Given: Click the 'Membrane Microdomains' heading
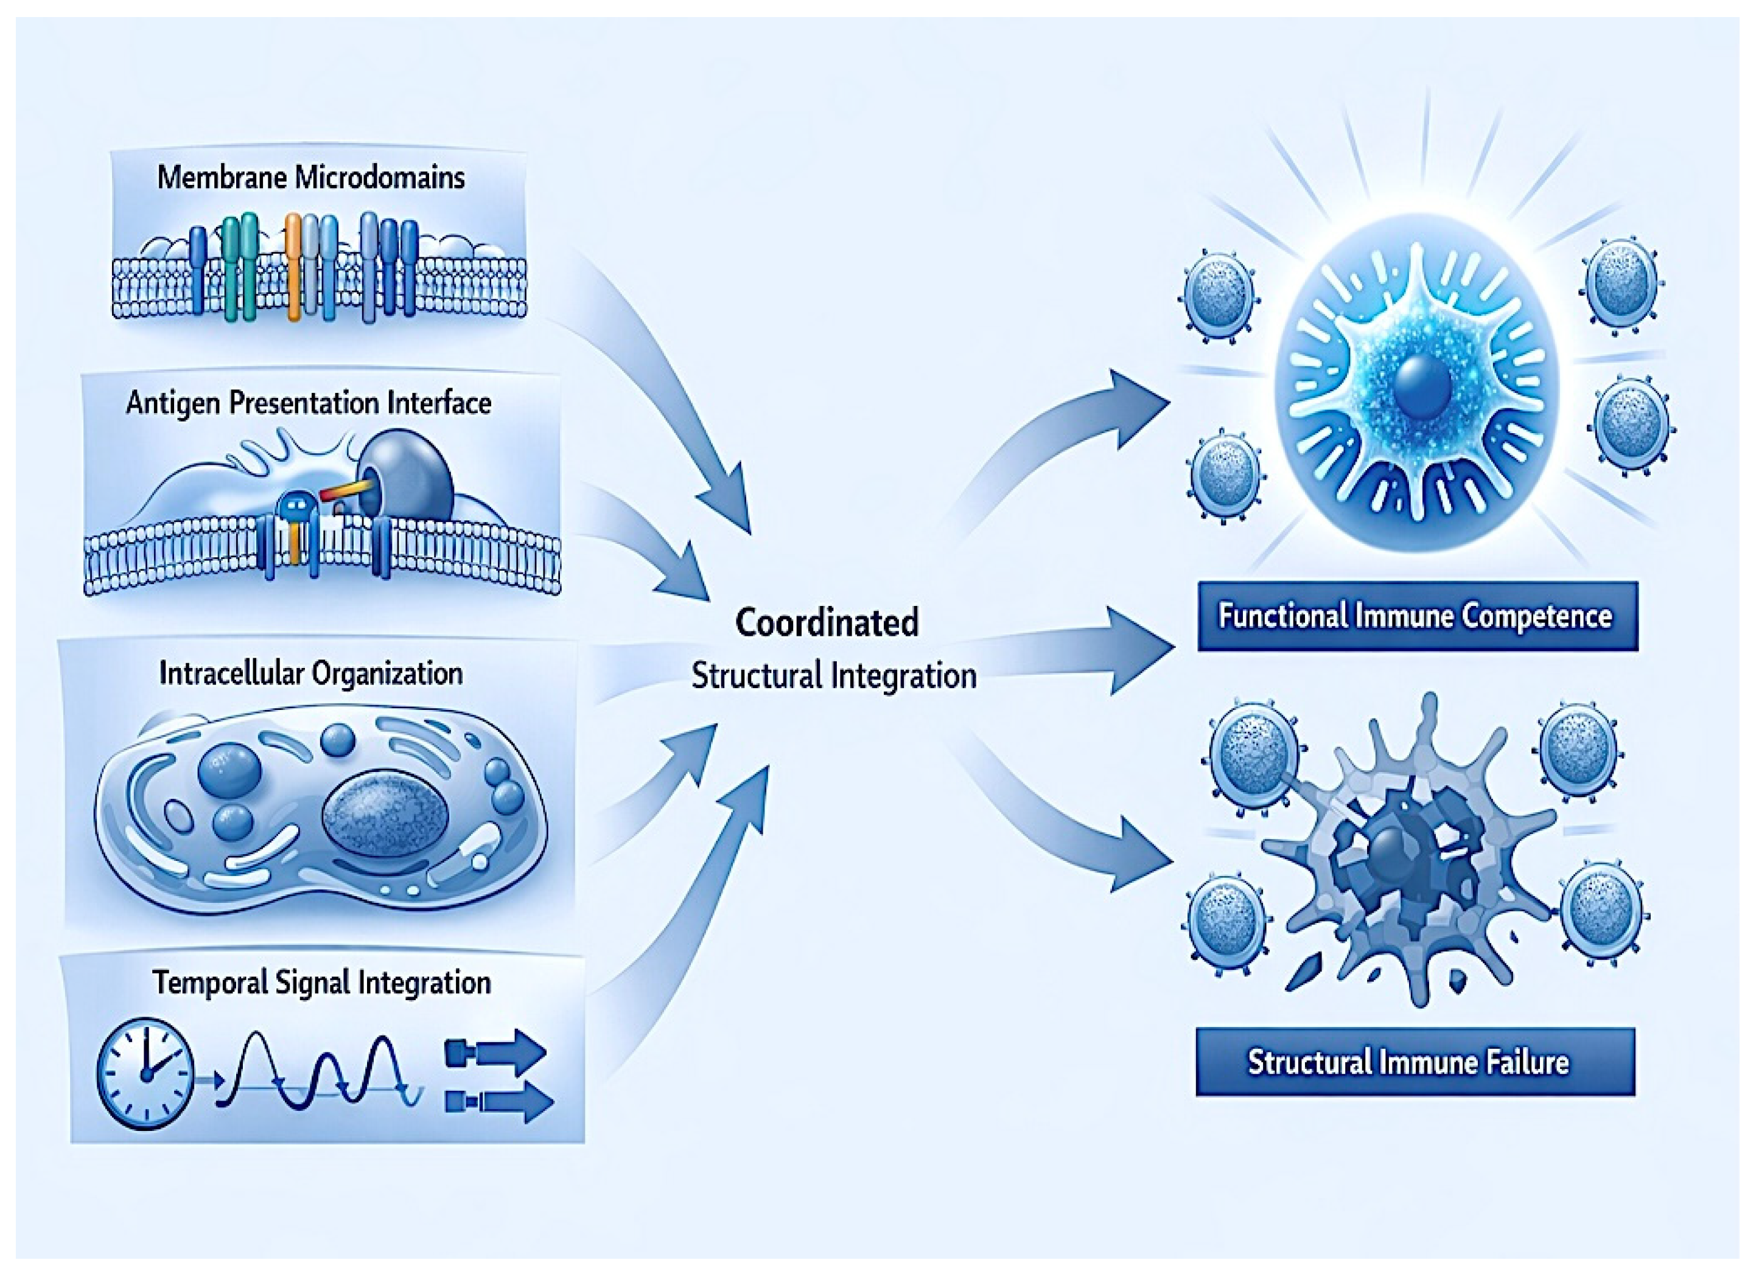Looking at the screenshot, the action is point(310,177).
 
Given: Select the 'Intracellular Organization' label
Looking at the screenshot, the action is point(310,673).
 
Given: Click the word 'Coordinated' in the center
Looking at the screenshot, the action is point(827,622).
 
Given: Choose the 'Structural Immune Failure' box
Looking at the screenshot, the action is point(1415,1061).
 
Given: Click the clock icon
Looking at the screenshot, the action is point(145,1073).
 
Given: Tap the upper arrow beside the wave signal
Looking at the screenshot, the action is point(496,1053).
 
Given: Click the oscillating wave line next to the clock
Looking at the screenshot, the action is point(318,1073).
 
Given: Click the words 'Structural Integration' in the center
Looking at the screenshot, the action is point(833,676).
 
